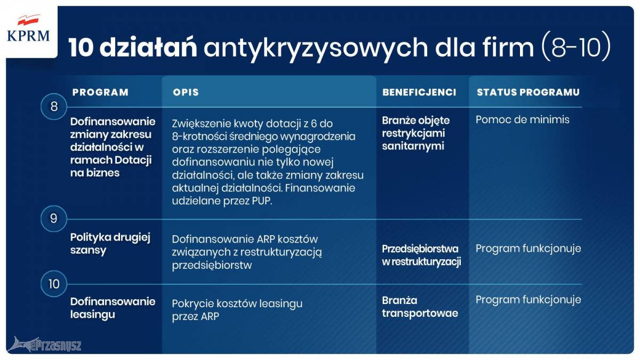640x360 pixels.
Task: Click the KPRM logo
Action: point(28,29)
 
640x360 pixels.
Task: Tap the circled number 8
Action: point(54,107)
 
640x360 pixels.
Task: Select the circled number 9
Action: point(54,219)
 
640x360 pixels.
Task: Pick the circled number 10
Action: point(54,284)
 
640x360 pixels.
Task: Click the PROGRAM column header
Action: point(100,92)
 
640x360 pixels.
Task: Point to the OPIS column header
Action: point(186,92)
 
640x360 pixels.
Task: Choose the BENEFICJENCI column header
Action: point(419,92)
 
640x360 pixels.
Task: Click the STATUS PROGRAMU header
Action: point(528,92)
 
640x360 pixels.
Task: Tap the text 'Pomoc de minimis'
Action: point(522,119)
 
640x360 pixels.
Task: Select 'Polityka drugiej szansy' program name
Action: point(110,244)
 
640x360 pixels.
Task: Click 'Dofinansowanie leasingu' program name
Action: point(113,308)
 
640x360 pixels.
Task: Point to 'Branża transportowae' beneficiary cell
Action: point(420,307)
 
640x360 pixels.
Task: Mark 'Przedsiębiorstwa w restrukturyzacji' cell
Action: point(421,255)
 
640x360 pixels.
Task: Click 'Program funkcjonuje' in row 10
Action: point(529,300)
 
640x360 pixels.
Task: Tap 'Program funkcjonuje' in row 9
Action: point(529,249)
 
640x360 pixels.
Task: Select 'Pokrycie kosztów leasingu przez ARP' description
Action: point(237,310)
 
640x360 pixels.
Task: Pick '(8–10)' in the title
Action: point(576,47)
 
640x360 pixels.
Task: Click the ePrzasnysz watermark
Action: point(44,345)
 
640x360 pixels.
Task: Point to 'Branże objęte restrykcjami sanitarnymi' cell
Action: point(415,133)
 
